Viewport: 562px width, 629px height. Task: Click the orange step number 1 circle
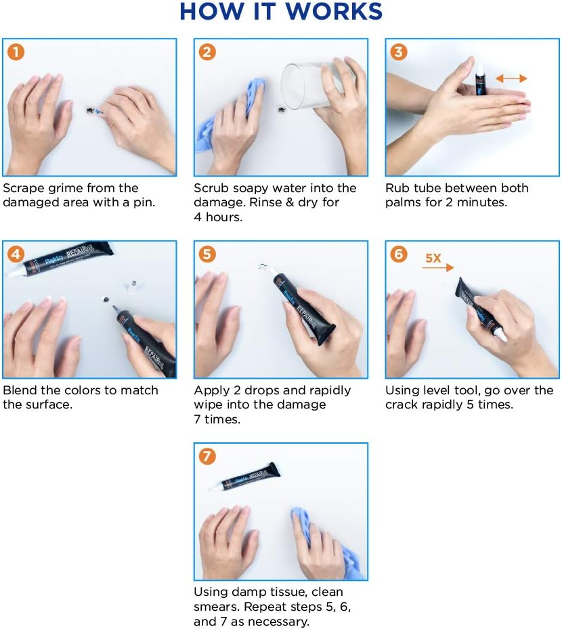tap(16, 52)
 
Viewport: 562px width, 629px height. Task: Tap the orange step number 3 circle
tap(399, 52)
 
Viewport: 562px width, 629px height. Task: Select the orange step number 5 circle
tap(207, 254)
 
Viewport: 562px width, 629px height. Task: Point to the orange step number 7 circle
tap(207, 457)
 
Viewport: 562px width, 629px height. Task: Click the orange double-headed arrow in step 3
tap(511, 78)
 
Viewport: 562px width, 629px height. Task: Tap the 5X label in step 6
tap(433, 258)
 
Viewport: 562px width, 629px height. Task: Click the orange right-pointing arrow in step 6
tap(438, 267)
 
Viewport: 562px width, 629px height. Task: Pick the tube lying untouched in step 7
tap(244, 477)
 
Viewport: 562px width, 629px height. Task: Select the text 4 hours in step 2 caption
tap(218, 217)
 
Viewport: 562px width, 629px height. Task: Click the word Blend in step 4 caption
tap(20, 390)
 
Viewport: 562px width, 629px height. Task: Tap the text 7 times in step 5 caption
tap(217, 419)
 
